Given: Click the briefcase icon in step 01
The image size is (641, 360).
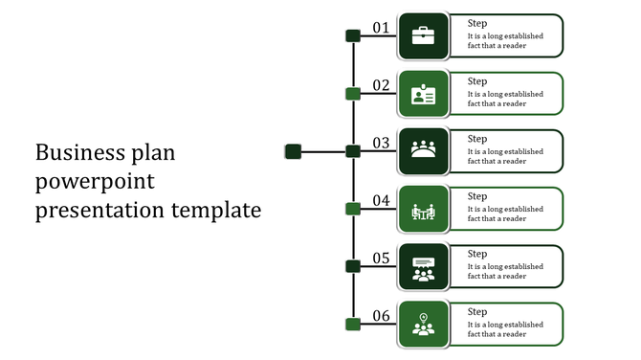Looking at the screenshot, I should point(423,36).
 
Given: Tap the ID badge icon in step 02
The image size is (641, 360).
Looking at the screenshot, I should point(423,94).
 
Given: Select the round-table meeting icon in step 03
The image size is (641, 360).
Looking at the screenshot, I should point(423,150).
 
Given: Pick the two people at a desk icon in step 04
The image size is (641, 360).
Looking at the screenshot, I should point(423,210).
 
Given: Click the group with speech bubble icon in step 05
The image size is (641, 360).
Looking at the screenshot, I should point(423,267).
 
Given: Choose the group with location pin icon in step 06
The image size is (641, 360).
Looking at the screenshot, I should point(423,325).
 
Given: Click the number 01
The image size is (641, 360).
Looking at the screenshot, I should point(381,28).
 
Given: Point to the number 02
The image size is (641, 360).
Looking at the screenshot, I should point(381,85).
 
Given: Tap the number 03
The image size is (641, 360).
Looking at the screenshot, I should point(381,143).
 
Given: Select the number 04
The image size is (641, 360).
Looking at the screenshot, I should point(381,200).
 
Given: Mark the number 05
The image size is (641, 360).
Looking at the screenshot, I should point(381,258).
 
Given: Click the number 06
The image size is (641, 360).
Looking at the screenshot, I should point(381,316).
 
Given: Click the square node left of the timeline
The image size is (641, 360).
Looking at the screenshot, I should point(294,151).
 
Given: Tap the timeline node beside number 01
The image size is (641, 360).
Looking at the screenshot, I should point(352,36).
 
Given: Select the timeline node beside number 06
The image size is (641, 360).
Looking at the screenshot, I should point(352,324).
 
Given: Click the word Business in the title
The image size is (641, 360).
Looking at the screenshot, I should point(77,153).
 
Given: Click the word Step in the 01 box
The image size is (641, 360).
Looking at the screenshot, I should point(477,24).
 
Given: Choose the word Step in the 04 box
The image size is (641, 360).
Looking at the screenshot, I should point(477,196).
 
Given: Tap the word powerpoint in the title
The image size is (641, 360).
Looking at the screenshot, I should point(95,182).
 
